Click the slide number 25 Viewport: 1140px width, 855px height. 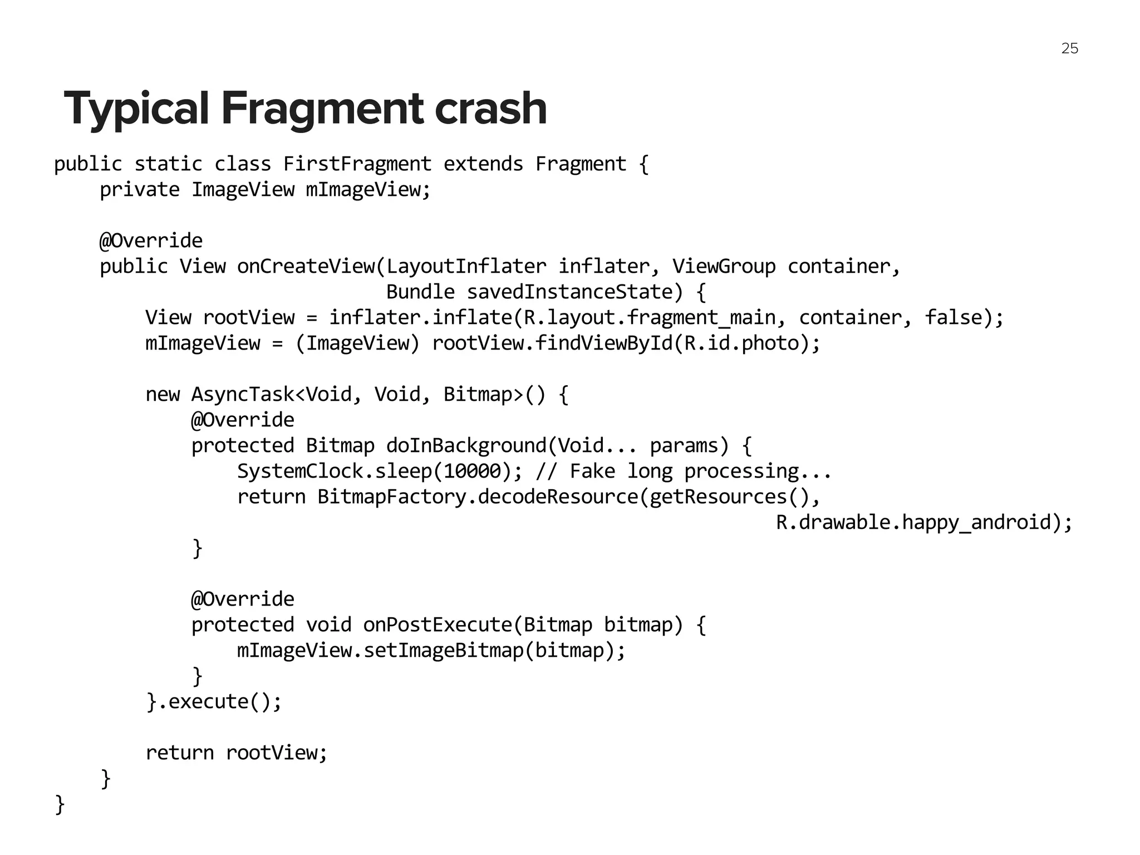1069,48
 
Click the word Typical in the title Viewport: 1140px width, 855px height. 136,109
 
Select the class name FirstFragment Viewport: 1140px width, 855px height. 357,164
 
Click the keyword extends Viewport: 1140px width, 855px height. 483,164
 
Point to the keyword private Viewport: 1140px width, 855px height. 140,190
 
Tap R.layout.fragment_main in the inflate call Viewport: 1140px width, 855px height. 650,318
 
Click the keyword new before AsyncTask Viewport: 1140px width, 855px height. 163,395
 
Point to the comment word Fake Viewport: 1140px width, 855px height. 592,471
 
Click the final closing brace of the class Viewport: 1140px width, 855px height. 60,804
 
